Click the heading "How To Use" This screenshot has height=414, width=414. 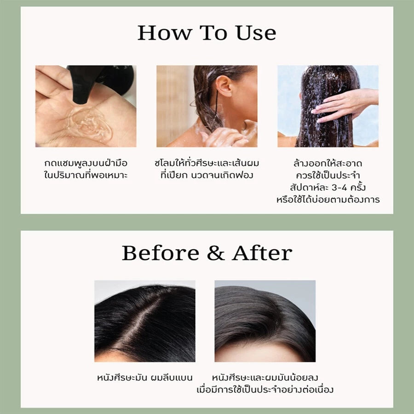click(207, 33)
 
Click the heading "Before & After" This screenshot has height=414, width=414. click(207, 253)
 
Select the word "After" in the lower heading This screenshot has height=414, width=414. click(262, 253)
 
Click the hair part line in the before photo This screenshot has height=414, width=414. click(138, 322)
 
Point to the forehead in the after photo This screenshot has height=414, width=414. click(258, 352)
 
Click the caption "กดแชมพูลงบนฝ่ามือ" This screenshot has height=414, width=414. click(86, 163)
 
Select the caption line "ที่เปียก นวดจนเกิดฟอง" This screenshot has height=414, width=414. click(207, 175)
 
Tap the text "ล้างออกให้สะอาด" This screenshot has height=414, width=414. click(328, 163)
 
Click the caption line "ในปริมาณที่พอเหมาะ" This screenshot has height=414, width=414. click(86, 175)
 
